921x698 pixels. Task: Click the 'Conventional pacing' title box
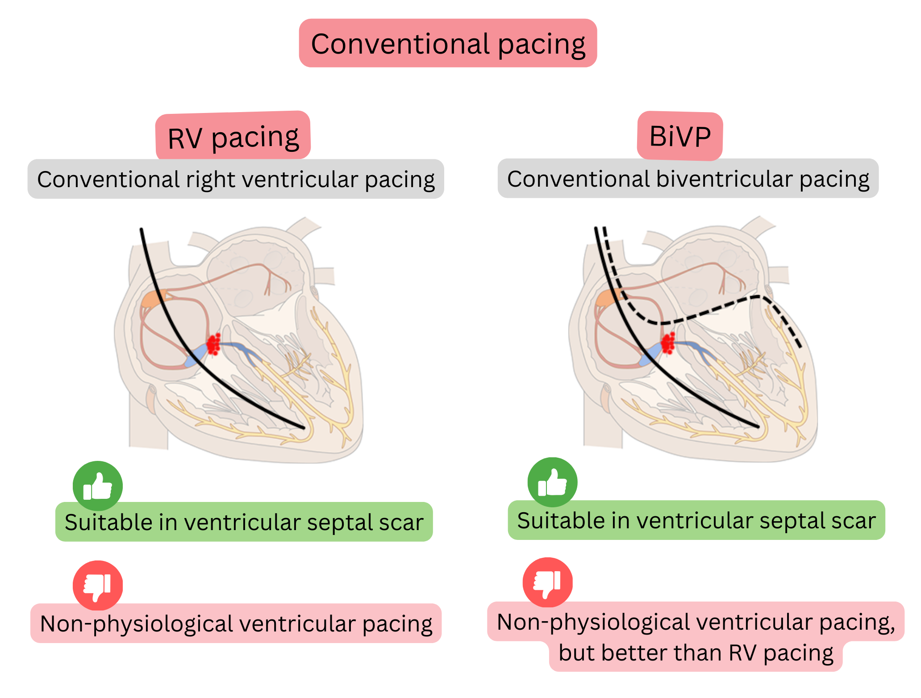(x=448, y=43)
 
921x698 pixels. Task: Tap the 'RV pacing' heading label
(x=233, y=136)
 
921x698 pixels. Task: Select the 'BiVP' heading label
(x=679, y=136)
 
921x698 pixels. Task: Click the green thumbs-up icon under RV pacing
(x=98, y=486)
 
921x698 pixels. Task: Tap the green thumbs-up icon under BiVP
(x=552, y=482)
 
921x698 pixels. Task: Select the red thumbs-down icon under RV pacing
(x=98, y=585)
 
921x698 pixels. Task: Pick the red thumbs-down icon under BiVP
(x=548, y=582)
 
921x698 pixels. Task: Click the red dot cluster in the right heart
(x=668, y=343)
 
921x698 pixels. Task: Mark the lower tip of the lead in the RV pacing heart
(x=304, y=428)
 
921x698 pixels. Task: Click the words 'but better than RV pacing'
(x=695, y=653)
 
